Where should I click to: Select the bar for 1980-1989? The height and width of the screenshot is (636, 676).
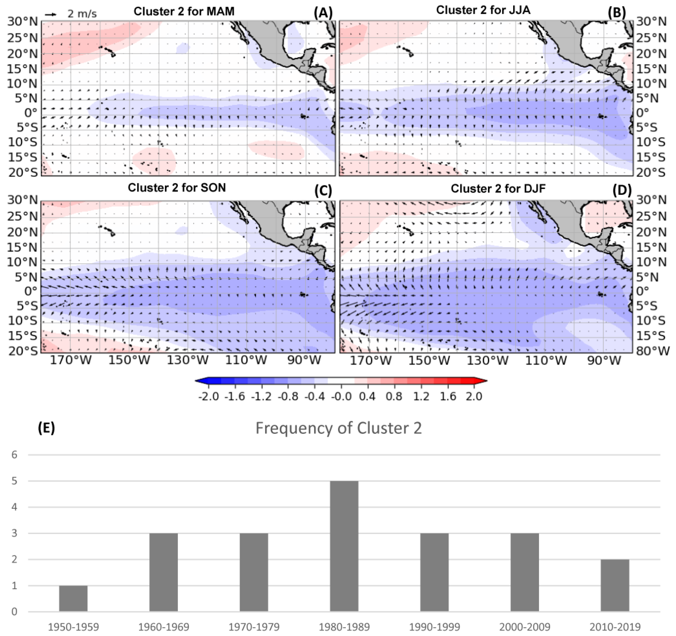[x=344, y=546]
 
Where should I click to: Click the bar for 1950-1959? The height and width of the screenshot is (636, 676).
[x=73, y=598]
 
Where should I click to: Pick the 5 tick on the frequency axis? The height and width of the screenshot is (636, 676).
[x=14, y=481]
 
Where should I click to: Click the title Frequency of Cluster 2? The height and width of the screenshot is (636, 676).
[x=338, y=428]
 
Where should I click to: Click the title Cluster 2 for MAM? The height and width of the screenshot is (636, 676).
[x=184, y=11]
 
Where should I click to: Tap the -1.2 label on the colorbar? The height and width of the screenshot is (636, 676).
[x=261, y=397]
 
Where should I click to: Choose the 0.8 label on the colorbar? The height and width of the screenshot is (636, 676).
[x=394, y=397]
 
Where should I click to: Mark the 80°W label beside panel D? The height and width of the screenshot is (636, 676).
[x=652, y=350]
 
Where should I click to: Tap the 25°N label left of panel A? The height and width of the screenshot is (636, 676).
[x=22, y=38]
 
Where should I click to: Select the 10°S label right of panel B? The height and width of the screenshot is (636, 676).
[x=650, y=142]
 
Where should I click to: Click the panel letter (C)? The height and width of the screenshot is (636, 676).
[x=323, y=191]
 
